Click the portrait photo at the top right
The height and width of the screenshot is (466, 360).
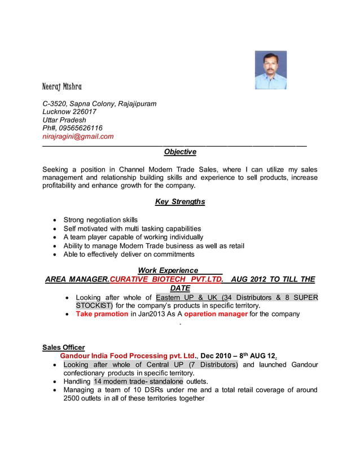click(x=270, y=70)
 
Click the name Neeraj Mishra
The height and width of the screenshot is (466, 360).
click(x=62, y=87)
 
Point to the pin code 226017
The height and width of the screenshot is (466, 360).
click(x=82, y=112)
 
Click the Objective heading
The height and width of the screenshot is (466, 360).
click(x=180, y=152)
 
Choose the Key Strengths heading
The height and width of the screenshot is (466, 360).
click(x=180, y=201)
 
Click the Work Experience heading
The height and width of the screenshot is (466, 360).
click(x=168, y=270)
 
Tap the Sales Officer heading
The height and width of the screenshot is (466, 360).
click(x=64, y=348)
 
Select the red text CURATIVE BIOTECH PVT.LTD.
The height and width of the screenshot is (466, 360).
click(x=166, y=279)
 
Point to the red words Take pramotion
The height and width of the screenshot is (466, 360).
click(x=102, y=314)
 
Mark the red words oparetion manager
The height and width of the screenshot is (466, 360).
click(x=216, y=314)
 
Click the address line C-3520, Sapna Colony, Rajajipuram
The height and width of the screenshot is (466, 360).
click(x=99, y=104)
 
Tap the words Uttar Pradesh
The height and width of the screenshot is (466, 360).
click(x=64, y=120)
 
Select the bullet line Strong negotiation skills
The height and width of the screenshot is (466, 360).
click(x=100, y=220)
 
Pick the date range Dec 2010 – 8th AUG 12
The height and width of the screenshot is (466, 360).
click(x=238, y=356)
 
